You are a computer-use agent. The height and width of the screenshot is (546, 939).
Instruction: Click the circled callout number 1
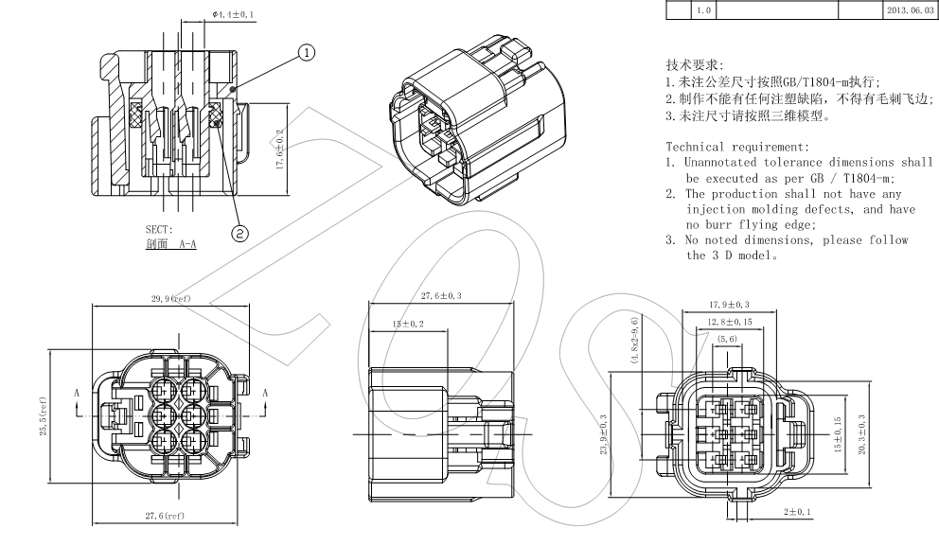(x=307, y=53)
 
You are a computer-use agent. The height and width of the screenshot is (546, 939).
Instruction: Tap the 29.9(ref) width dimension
(x=170, y=299)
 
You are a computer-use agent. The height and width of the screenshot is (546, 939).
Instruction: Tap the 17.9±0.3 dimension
(x=729, y=305)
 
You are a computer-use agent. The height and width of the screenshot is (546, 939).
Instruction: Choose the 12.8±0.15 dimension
(x=728, y=322)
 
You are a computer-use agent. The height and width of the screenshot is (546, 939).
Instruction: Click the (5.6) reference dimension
(x=728, y=339)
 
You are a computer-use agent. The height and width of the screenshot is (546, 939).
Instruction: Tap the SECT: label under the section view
(x=159, y=229)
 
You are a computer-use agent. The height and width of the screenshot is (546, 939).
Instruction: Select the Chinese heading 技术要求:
(x=695, y=65)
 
